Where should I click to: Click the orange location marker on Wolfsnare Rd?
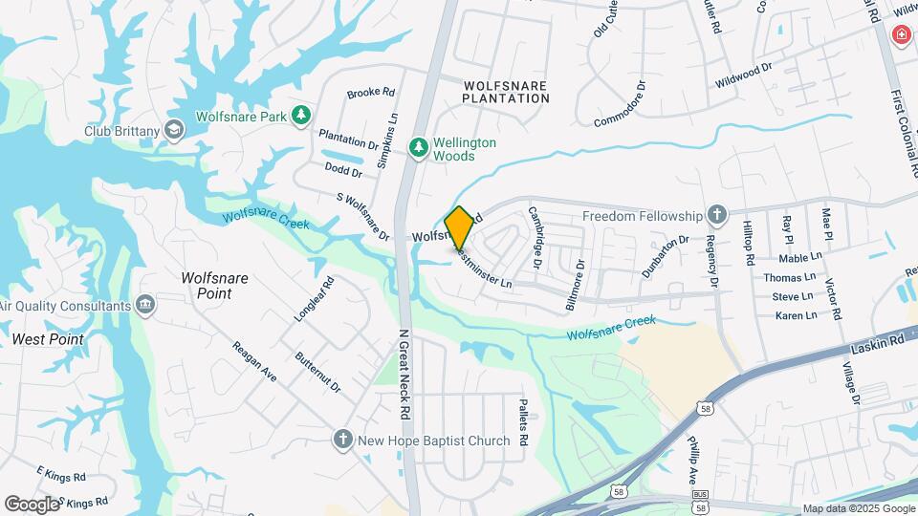(459, 227)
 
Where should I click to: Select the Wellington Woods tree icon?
(418, 148)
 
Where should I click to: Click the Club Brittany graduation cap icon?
(174, 130)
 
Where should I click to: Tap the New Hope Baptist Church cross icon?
(343, 441)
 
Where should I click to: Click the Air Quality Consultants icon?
(145, 306)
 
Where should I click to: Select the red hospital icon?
(901, 36)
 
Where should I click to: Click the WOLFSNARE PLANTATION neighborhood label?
(506, 92)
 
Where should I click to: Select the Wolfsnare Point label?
(214, 286)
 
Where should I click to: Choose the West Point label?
(48, 339)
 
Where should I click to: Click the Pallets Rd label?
(523, 422)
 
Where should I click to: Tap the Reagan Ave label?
(254, 362)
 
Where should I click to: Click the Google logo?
(32, 504)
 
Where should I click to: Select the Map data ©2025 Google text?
(858, 508)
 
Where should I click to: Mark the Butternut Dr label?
(318, 372)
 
